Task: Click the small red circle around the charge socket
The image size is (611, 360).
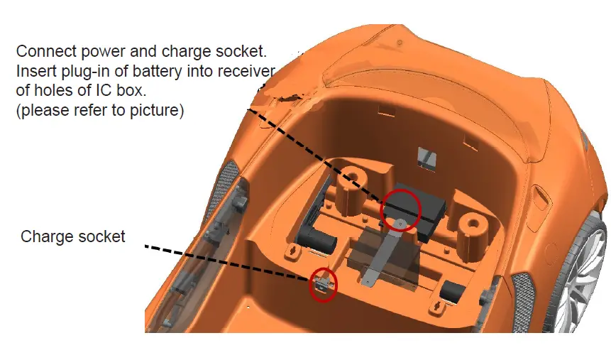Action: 324,284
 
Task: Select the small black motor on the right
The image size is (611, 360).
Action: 452,290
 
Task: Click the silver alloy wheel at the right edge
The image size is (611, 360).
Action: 585,284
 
